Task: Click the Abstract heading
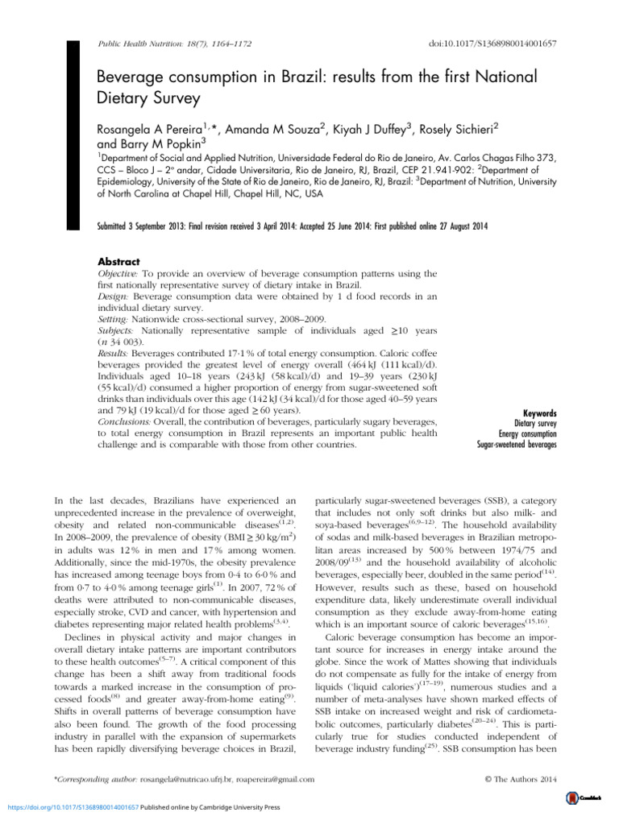[x=118, y=262]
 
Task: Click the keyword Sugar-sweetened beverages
[x=517, y=444]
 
